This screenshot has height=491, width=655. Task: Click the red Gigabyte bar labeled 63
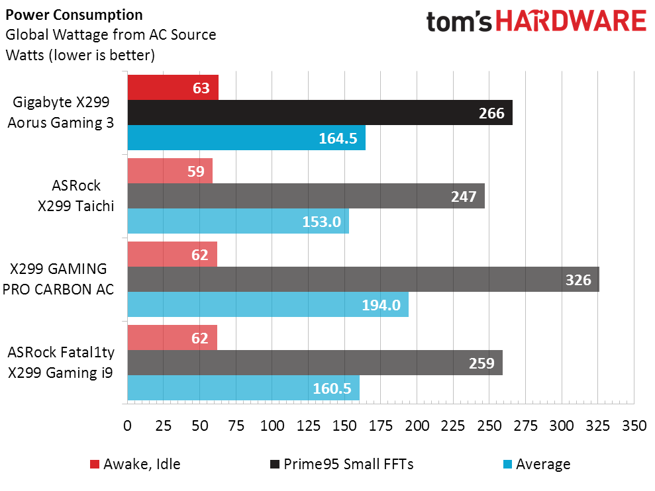[x=172, y=87]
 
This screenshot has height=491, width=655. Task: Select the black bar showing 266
[x=319, y=112]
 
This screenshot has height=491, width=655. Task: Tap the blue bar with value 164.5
[x=246, y=138]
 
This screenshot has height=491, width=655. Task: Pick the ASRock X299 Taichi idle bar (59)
[x=170, y=171]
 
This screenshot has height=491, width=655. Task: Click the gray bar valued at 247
[x=305, y=196]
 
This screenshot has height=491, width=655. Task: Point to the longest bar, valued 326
[x=363, y=279]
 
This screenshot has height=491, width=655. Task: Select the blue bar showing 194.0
[x=268, y=304]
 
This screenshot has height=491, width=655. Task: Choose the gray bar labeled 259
[x=315, y=363]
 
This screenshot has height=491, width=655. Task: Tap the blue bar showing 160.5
[x=243, y=388]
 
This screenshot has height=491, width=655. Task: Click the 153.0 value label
[x=321, y=222]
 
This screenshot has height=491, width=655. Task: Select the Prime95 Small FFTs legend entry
[x=341, y=464]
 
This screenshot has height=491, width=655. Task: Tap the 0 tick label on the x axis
[x=127, y=426]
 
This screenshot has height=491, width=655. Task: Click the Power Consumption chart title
[x=74, y=15]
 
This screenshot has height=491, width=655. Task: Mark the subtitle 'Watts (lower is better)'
[x=80, y=55]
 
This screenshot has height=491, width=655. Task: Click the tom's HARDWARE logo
[x=536, y=22]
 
